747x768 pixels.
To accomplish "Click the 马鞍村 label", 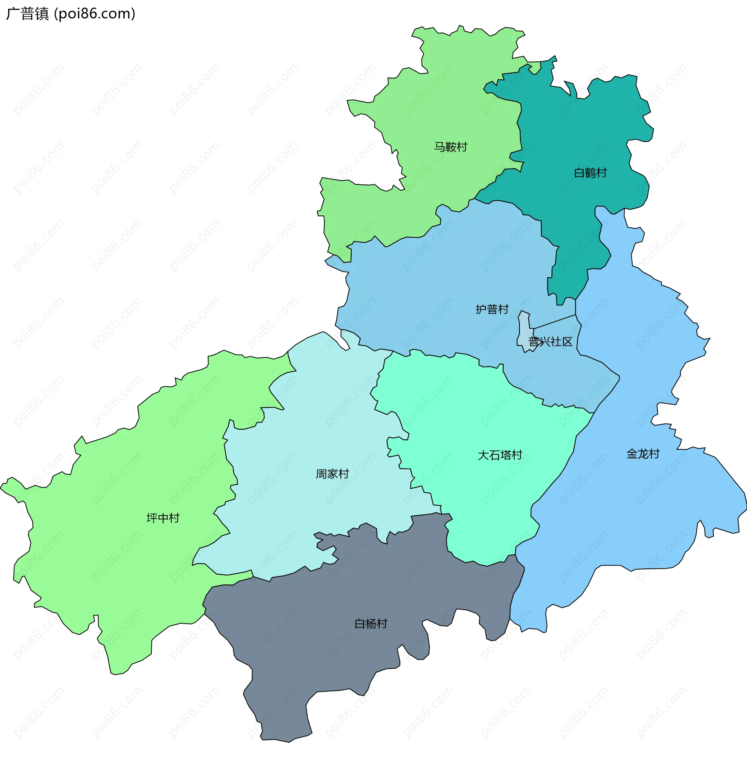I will point(451,147).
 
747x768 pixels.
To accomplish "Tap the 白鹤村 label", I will point(590,173).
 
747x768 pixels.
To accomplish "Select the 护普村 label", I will point(492,309).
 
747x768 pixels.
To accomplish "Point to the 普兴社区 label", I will point(551,342).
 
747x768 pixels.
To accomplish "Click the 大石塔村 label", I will point(500,455).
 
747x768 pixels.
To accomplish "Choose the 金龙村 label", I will point(643,454).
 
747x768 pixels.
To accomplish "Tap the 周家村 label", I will point(332,474).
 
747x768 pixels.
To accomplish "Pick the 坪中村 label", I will point(163,519).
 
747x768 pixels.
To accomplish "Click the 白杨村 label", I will point(371,624).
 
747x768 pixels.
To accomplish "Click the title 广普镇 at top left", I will point(28,14).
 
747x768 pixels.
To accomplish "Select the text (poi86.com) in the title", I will point(95,14).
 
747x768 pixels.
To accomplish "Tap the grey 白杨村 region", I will point(353,667).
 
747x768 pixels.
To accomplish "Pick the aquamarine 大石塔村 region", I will point(471,412).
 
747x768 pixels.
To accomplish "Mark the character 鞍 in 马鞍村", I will point(451,147).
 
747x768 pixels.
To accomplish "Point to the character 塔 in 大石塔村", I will point(505,455).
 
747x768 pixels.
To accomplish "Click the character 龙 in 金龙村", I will point(643,454).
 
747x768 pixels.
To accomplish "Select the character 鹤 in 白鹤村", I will point(590,173).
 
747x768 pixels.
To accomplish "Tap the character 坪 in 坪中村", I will point(152,519).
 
